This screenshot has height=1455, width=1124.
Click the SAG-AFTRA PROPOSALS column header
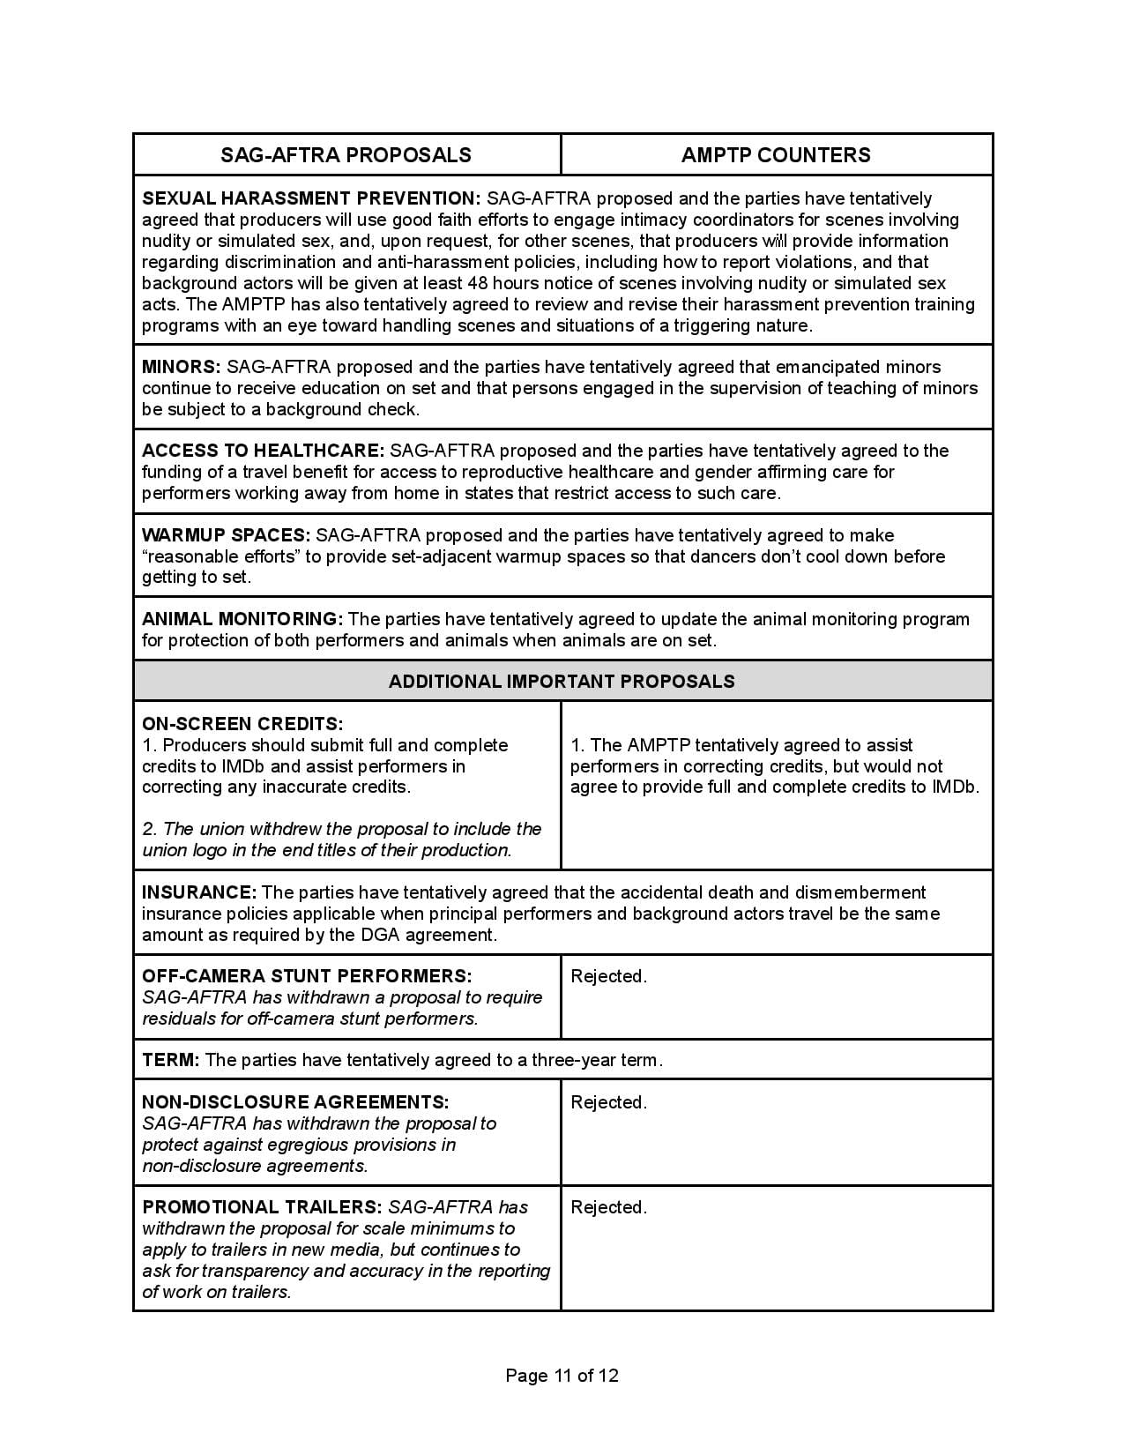pyautogui.click(x=346, y=155)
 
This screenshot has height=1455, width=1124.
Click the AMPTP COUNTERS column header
pyautogui.click(x=776, y=155)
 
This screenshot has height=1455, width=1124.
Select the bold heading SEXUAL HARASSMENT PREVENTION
pyautogui.click(x=311, y=198)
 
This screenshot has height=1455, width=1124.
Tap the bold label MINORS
pyautogui.click(x=181, y=367)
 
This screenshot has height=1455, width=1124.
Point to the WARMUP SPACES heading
pyautogui.click(x=226, y=535)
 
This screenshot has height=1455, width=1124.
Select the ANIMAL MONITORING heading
pyautogui.click(x=242, y=619)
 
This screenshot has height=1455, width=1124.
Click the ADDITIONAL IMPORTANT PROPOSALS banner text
pyautogui.click(x=562, y=681)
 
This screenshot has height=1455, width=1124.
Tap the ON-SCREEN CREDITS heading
pyautogui.click(x=242, y=724)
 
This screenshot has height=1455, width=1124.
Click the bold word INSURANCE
pyautogui.click(x=199, y=892)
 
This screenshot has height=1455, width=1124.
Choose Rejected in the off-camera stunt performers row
pyautogui.click(x=608, y=976)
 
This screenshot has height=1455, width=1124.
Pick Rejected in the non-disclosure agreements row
pyautogui.click(x=608, y=1102)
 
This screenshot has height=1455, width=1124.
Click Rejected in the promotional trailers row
pyautogui.click(x=608, y=1207)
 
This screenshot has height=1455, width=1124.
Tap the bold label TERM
pyautogui.click(x=171, y=1060)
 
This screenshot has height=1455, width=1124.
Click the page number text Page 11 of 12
pyautogui.click(x=562, y=1376)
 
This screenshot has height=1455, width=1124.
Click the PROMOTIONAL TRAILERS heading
pyautogui.click(x=262, y=1207)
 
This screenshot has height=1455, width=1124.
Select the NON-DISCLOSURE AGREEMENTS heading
pyautogui.click(x=295, y=1102)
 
